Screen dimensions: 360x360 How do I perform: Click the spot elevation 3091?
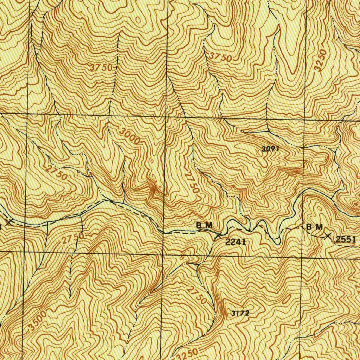tap(270, 149)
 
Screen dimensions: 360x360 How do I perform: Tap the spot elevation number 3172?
tap(240, 313)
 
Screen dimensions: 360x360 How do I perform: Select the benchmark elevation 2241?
tap(235, 242)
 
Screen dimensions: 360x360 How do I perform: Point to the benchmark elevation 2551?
tap(346, 240)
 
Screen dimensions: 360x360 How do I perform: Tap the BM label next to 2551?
tap(314, 227)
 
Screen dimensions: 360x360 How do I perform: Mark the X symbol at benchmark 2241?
tap(218, 235)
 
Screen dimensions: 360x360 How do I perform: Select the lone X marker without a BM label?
tap(10, 222)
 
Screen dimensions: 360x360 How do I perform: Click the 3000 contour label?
tap(130, 136)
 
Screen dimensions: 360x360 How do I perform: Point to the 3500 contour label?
tap(37, 320)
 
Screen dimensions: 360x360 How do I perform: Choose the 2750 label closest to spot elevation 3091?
tap(192, 181)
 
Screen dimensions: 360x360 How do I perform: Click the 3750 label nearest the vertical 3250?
tap(220, 57)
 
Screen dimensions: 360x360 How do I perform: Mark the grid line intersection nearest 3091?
tap(304, 119)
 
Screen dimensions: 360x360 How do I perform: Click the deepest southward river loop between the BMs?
tap(277, 242)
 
